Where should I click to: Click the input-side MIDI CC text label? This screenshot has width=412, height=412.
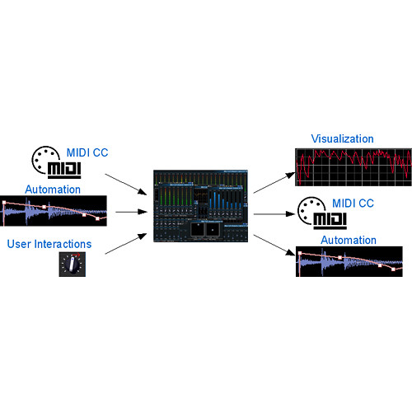[x=87, y=152]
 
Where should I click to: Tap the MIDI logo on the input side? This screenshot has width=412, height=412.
[x=57, y=162]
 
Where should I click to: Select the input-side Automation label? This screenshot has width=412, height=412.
[x=53, y=190]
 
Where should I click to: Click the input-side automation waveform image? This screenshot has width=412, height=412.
[x=54, y=211]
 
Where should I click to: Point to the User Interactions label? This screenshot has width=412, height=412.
[x=49, y=244]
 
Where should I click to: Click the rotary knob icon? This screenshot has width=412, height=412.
[x=73, y=265]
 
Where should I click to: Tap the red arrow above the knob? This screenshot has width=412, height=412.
[x=77, y=255]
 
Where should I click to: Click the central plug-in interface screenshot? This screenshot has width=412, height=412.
[x=200, y=206]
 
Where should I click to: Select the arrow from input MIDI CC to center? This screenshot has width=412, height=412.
[x=126, y=185]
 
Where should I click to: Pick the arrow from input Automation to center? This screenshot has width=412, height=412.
[x=132, y=212]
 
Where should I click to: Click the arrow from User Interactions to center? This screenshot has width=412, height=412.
[x=126, y=244]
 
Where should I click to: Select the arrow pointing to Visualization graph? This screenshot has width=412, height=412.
[x=274, y=183]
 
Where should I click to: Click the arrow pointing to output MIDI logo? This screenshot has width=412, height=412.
[x=274, y=214]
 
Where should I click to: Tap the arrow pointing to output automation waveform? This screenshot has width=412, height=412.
[x=274, y=246]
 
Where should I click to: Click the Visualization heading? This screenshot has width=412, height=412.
[x=342, y=138]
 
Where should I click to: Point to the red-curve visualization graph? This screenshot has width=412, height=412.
[x=353, y=167]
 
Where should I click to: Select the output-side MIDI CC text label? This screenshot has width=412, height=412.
[x=353, y=204]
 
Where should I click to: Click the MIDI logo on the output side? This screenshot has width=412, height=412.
[x=322, y=213]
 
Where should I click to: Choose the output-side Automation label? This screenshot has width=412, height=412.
[x=349, y=241]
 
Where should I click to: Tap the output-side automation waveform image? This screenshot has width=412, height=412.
[x=349, y=261]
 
